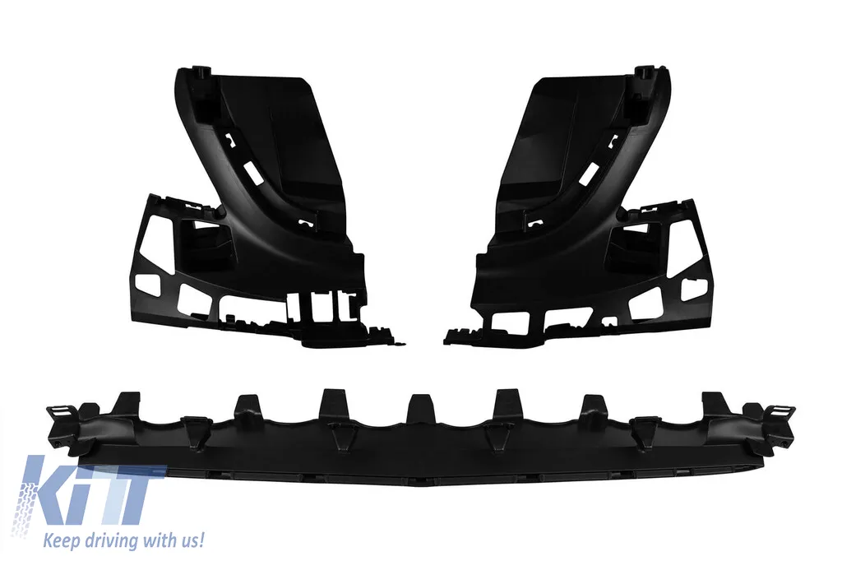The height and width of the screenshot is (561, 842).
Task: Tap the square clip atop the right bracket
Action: click(642, 73)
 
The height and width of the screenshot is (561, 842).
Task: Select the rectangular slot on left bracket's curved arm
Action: click(251, 171)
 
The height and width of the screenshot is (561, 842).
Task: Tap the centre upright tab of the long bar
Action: click(420, 409)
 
